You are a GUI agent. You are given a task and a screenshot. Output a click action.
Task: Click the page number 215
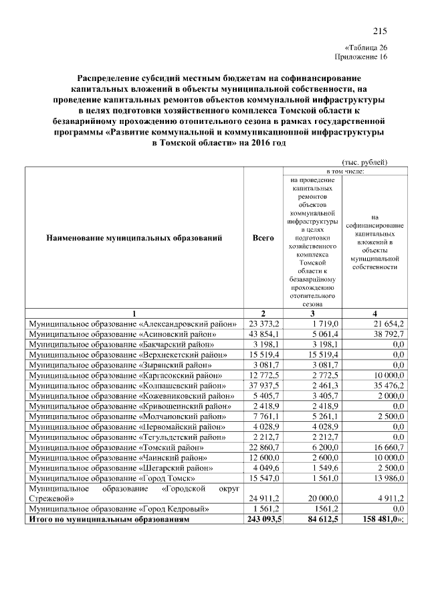pyautogui.click(x=380, y=31)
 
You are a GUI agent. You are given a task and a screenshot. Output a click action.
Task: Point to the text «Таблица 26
pyautogui.click(x=366, y=48)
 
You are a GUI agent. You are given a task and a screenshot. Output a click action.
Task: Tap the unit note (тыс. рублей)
pyautogui.click(x=364, y=162)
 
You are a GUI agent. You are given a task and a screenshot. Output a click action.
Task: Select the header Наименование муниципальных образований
pyautogui.click(x=134, y=238)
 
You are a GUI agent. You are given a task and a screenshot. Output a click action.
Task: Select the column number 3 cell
pyautogui.click(x=312, y=313)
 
